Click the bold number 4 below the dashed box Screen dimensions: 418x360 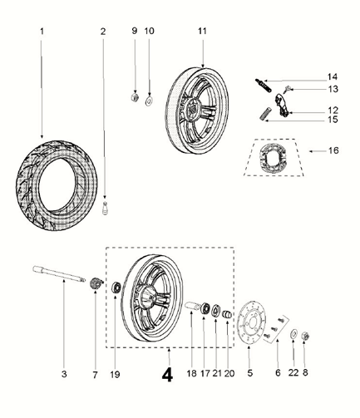tap(167, 374)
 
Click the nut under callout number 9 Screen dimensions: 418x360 tap(133, 99)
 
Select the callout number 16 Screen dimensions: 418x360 tap(334, 151)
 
